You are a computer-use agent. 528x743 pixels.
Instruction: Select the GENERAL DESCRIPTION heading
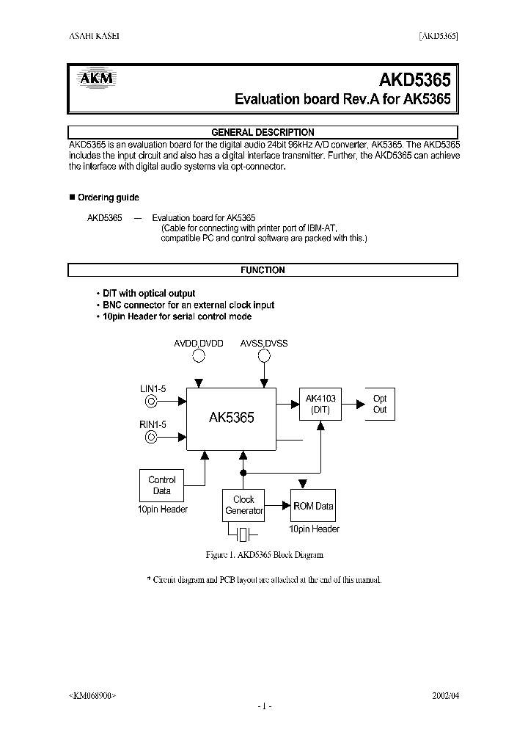coord(263,132)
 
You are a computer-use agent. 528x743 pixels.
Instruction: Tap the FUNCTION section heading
coord(263,270)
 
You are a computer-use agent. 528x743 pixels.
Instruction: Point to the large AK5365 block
coord(231,418)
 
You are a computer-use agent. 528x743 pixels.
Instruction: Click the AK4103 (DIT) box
coord(320,405)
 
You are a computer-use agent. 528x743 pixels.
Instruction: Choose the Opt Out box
coord(379,405)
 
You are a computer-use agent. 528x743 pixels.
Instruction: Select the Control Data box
coord(161,485)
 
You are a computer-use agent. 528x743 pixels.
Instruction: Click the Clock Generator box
coord(243,505)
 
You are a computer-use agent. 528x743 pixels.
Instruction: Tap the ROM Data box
coord(313,506)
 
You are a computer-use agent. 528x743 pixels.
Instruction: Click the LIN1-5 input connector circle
coord(151,401)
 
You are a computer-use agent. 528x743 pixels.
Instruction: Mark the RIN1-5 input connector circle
coord(151,437)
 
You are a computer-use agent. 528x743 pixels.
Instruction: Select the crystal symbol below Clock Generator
coord(244,532)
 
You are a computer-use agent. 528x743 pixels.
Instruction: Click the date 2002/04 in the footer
coord(445,695)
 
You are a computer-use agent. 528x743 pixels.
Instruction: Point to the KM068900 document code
coord(92,695)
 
